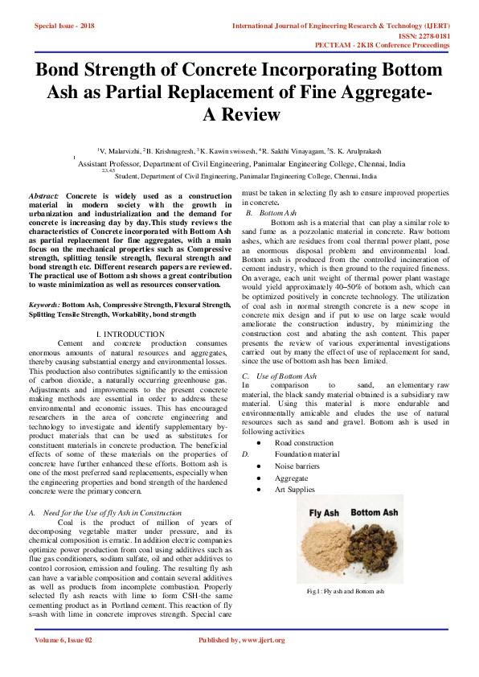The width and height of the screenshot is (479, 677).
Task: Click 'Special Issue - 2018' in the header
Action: pos(64,26)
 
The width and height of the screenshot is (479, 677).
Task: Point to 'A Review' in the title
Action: pos(240,114)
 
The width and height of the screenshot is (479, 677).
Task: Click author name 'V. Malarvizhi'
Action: pos(120,150)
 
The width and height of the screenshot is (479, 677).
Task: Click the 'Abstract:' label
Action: pos(43,196)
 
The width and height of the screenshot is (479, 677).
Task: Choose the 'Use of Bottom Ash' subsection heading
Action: pos(286,376)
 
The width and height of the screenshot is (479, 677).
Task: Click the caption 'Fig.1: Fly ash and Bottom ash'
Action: pos(346,591)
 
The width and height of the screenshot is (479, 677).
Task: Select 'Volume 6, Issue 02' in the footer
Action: pos(63,640)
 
